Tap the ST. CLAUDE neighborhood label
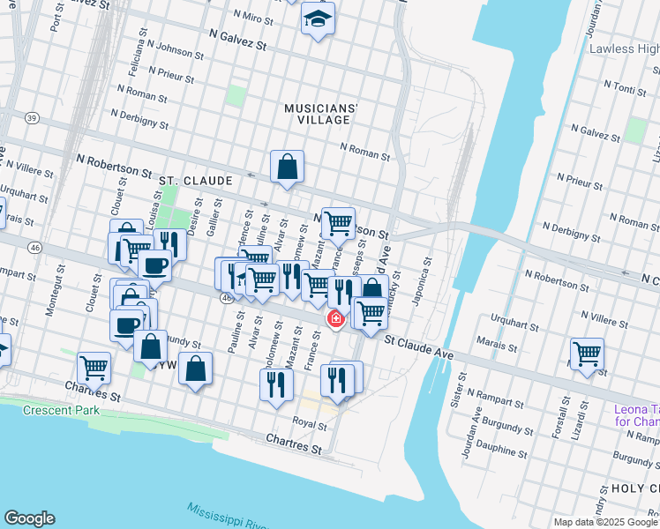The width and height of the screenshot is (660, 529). (x=196, y=181)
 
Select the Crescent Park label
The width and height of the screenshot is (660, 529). (x=60, y=411)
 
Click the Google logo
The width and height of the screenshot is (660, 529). (x=29, y=518)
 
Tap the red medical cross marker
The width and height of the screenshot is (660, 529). (x=336, y=318)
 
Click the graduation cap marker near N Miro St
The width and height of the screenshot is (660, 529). (x=318, y=19)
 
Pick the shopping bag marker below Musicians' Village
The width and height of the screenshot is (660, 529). (x=288, y=166)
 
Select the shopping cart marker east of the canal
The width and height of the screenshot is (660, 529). (x=587, y=354)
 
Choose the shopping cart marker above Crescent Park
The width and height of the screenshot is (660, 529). (x=94, y=368)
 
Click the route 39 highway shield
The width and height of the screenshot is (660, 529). (x=32, y=117)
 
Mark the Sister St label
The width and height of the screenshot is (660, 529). (x=458, y=389)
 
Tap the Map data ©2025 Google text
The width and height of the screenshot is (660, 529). (x=605, y=522)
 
